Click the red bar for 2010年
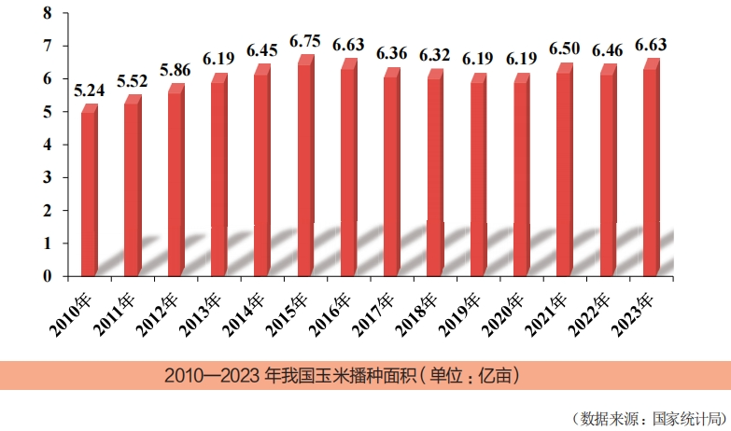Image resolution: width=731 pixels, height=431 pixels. click(89, 191)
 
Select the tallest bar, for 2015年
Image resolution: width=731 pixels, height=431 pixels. click(304, 168)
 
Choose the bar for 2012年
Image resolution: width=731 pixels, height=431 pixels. click(175, 183)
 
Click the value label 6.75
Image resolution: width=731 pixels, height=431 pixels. click(307, 41)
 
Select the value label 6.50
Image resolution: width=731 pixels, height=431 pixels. click(567, 48)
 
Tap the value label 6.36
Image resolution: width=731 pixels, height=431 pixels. click(393, 52)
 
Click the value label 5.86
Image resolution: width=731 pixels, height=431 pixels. click(177, 69)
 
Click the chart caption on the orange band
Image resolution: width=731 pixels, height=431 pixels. click(341, 376)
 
